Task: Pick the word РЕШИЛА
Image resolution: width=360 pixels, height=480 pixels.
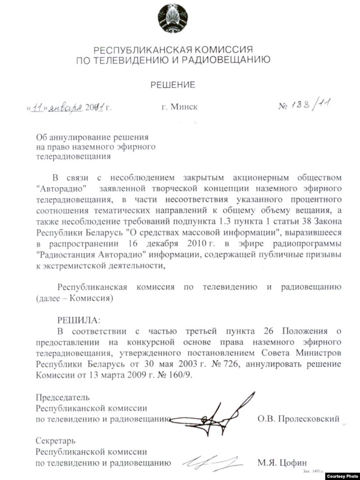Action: [76, 320]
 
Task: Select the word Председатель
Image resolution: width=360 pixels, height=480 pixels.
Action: [63, 397]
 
